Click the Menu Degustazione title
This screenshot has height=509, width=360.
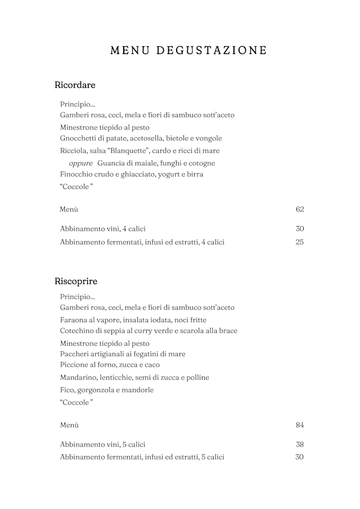(x=188, y=51)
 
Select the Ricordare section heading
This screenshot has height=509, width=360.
(x=75, y=85)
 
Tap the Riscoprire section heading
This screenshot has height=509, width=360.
(x=76, y=281)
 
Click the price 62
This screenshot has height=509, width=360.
(x=300, y=209)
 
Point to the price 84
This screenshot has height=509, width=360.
(x=300, y=425)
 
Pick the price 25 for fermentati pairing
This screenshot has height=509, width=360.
(x=300, y=242)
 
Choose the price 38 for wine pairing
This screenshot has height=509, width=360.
(x=300, y=444)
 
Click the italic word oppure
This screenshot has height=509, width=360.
(x=80, y=163)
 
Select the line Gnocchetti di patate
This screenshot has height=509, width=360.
(x=141, y=138)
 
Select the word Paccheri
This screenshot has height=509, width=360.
(x=75, y=354)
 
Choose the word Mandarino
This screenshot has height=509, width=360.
(x=78, y=377)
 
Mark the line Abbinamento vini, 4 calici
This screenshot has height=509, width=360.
(x=102, y=229)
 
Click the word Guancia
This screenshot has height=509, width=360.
(x=111, y=163)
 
